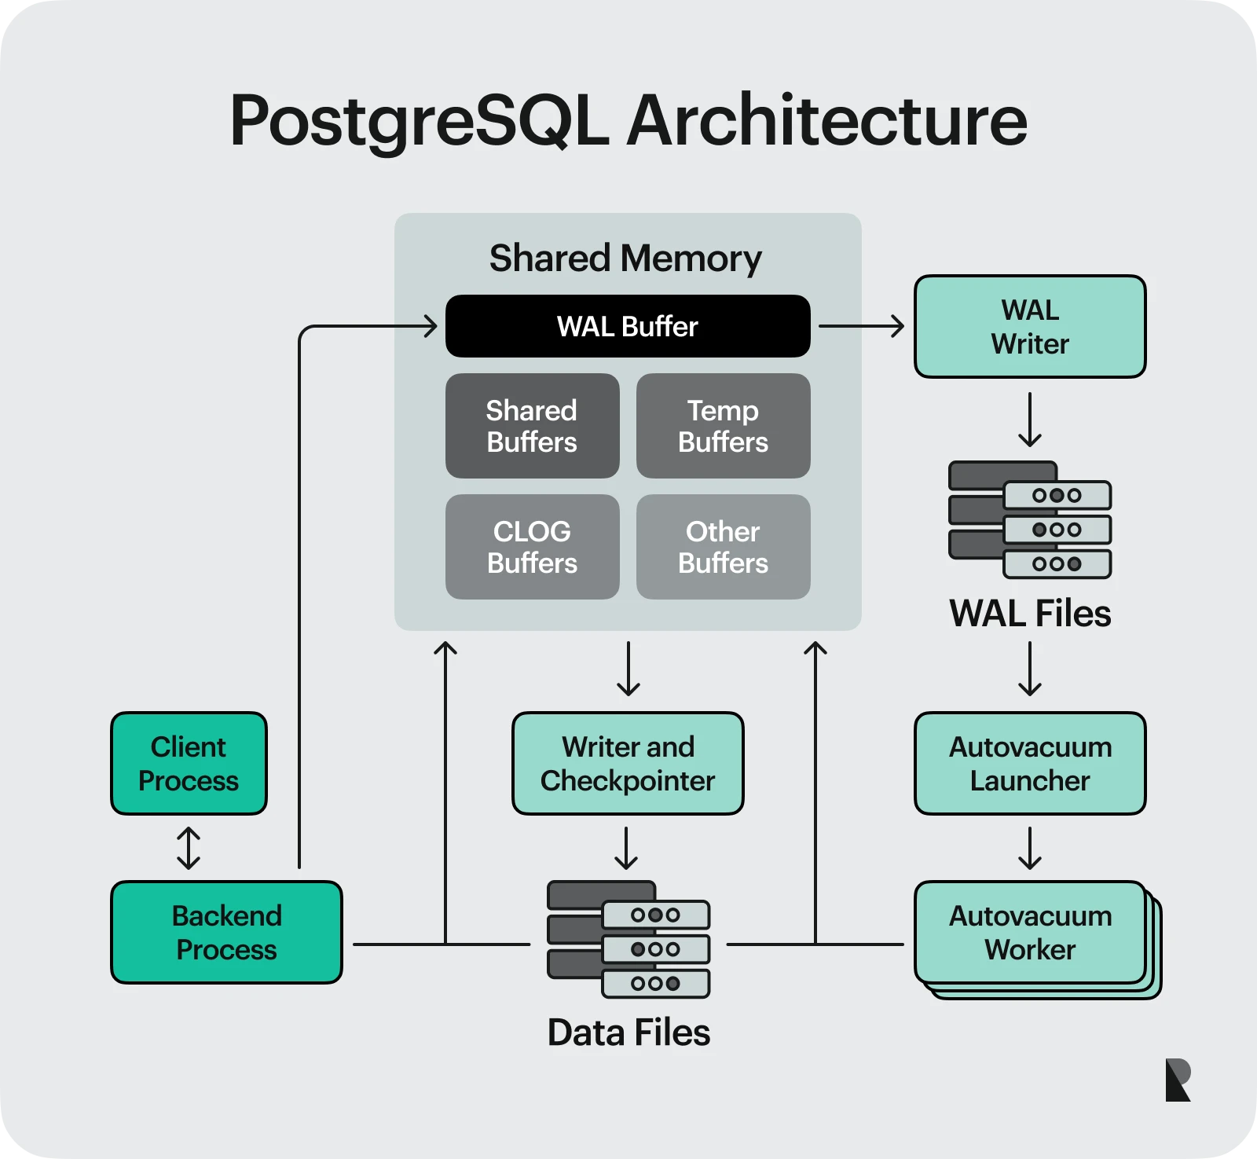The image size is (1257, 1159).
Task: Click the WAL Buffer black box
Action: coord(627,326)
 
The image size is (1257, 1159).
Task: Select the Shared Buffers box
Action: coord(532,426)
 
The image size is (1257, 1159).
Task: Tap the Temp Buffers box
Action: coord(723,426)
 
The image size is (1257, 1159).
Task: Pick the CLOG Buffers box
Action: coord(532,547)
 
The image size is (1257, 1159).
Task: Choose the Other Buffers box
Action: coord(723,547)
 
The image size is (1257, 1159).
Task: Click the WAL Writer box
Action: coord(1029,327)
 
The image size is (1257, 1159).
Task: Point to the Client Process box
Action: coord(189,763)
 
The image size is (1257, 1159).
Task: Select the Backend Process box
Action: coord(226,932)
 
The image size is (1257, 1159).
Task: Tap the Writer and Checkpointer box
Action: coord(627,763)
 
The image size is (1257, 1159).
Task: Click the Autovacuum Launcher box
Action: coord(1029,763)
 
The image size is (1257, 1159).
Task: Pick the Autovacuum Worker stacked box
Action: coord(1031,933)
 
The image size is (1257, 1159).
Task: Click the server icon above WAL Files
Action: coord(1029,519)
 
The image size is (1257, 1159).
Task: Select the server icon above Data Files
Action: coord(628,939)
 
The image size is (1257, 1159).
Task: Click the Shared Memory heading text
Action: coord(625,259)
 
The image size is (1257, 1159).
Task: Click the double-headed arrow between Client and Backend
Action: coord(189,848)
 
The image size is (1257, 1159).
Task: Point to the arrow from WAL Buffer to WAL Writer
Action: coord(861,326)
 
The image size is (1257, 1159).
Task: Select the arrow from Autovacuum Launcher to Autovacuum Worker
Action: coord(1029,848)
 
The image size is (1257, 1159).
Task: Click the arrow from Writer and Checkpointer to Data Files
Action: coord(626,848)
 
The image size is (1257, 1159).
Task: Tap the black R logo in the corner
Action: coord(1178,1080)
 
